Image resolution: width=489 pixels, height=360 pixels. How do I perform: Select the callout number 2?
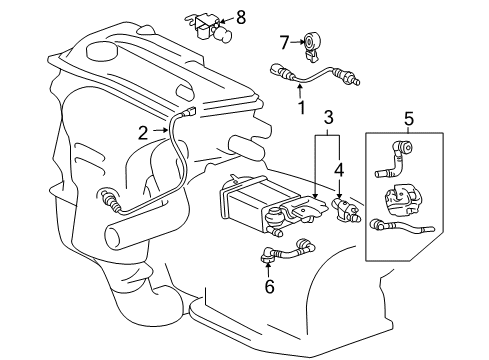tap(143, 132)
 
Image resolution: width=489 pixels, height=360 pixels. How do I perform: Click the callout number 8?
tap(240, 16)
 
